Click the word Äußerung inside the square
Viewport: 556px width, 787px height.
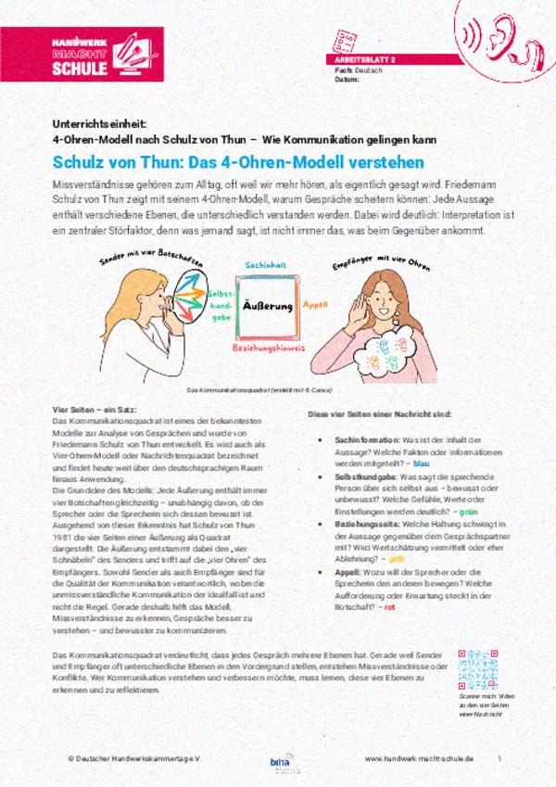click(x=267, y=306)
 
